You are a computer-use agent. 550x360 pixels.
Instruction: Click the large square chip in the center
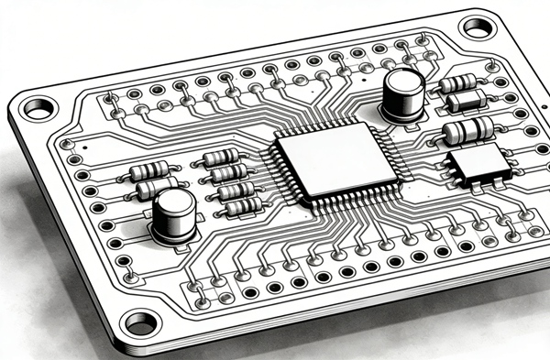334,159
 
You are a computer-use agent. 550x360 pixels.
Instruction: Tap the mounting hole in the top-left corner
38,109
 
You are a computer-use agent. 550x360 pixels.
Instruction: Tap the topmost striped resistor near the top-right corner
456,84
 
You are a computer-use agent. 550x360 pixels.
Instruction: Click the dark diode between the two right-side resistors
466,101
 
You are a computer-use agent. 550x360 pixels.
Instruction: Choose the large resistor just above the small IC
467,130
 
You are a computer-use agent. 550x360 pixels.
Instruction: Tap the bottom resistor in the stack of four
239,207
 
